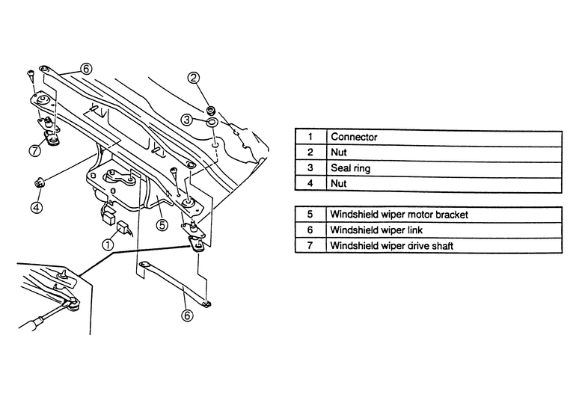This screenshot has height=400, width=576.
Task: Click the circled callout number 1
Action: click(108, 244)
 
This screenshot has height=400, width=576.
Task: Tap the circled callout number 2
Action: click(194, 78)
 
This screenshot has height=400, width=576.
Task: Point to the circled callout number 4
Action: click(37, 205)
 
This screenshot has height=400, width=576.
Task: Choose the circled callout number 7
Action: click(34, 150)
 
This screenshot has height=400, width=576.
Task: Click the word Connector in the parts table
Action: click(354, 138)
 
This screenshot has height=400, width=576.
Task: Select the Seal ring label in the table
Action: click(350, 169)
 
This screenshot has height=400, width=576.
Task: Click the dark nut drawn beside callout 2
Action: click(212, 104)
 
